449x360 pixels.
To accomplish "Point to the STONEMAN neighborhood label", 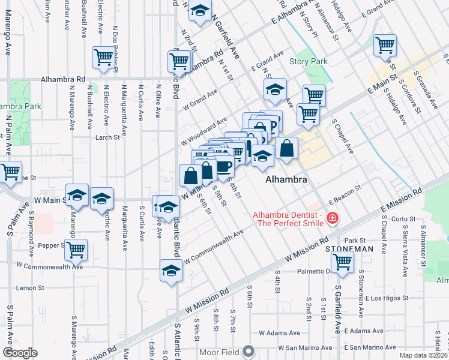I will coord(349,248).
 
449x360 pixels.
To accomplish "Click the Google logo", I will coord(20,353).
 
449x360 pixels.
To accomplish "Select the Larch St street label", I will coord(108,137).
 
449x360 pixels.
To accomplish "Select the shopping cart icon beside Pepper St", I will coord(76,251).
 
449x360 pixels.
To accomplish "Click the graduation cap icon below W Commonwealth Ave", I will coord(171,271).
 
